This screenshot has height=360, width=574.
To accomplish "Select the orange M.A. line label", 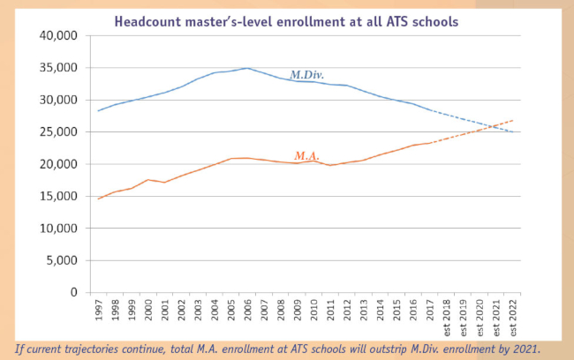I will (x=306, y=155).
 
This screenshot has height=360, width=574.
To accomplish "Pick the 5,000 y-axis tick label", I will (x=62, y=260).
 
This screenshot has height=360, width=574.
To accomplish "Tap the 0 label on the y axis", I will (x=74, y=292).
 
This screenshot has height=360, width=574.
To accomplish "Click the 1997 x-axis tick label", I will (x=99, y=311).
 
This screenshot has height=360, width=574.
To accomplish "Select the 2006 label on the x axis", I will (x=248, y=311).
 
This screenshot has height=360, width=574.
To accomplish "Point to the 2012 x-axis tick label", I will (x=347, y=311).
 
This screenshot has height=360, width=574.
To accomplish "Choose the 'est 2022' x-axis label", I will (x=513, y=317).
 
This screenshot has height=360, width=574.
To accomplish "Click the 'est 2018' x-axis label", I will (x=447, y=317).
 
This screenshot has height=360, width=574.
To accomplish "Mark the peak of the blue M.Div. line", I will (x=248, y=68).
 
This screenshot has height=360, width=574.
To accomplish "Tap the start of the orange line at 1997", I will (x=99, y=199).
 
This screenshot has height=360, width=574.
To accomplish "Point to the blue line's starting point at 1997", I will (x=99, y=110).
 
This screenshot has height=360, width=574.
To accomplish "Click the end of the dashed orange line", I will (x=513, y=120).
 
